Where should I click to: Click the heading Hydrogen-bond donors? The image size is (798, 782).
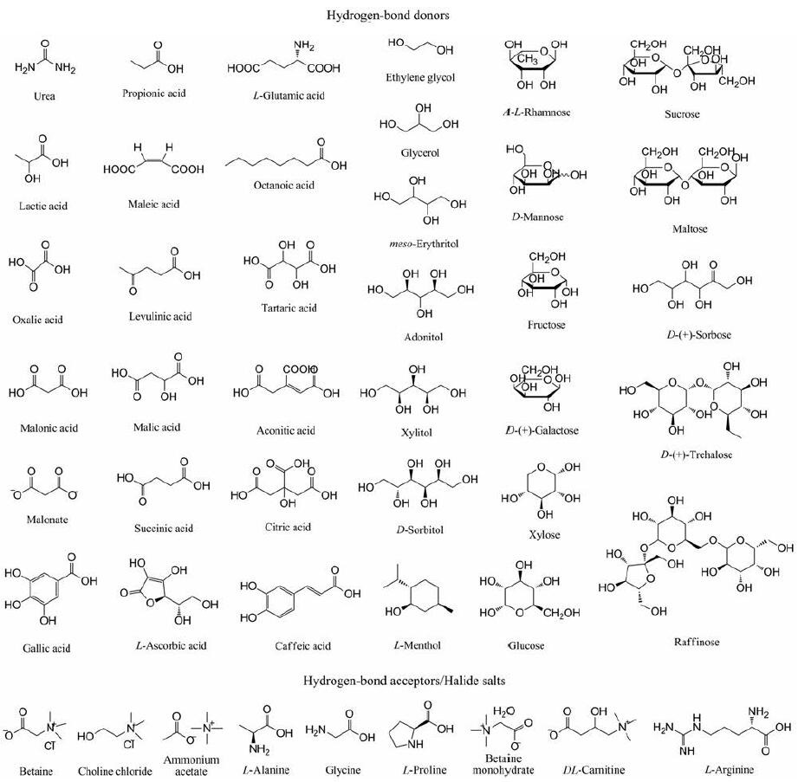[x=399, y=15]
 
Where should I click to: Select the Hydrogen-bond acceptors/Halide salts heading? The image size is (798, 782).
[x=399, y=682]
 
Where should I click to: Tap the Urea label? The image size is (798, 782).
[x=42, y=96]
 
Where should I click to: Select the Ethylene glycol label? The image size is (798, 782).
[x=420, y=77]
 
